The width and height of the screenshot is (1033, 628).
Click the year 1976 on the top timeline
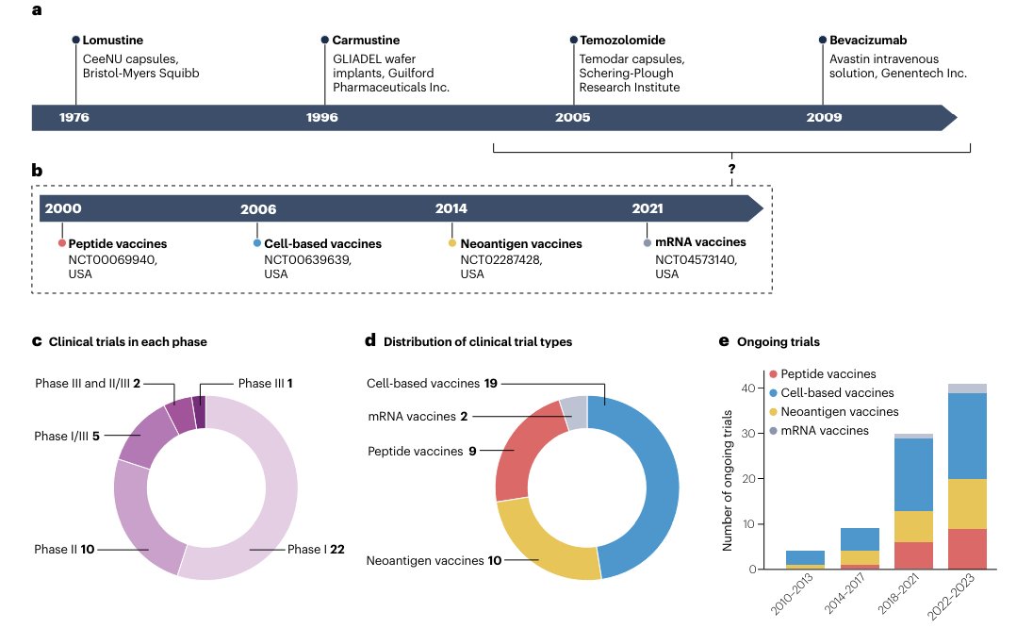point(74,118)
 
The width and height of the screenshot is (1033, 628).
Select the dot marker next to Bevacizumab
point(823,41)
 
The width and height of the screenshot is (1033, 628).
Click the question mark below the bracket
point(731,168)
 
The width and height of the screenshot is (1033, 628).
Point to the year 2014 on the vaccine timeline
point(451,208)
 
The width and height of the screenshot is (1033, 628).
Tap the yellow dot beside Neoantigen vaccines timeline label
point(451,243)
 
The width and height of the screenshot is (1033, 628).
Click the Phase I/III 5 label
point(67,437)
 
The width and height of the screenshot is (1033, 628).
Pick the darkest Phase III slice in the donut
point(199,412)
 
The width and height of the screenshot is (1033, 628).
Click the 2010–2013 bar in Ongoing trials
point(806,559)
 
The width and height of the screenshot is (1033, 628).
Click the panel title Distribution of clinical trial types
point(478,341)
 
